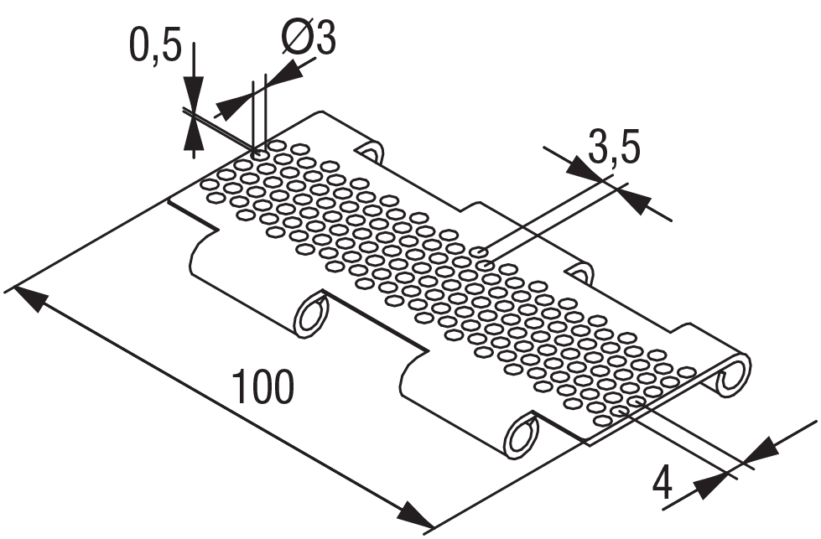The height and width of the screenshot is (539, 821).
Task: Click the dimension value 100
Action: pos(262,387)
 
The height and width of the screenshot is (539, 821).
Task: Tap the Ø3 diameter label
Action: pos(309,39)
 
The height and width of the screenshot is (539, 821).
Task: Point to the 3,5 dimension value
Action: pos(613,148)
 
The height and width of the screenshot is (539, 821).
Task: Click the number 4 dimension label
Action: pos(663,484)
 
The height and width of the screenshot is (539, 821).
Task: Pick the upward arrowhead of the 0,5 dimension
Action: pos(194,134)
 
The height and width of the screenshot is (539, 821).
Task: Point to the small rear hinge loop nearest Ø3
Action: pos(371,152)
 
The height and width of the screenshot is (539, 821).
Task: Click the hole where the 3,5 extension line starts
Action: pos(479,251)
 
